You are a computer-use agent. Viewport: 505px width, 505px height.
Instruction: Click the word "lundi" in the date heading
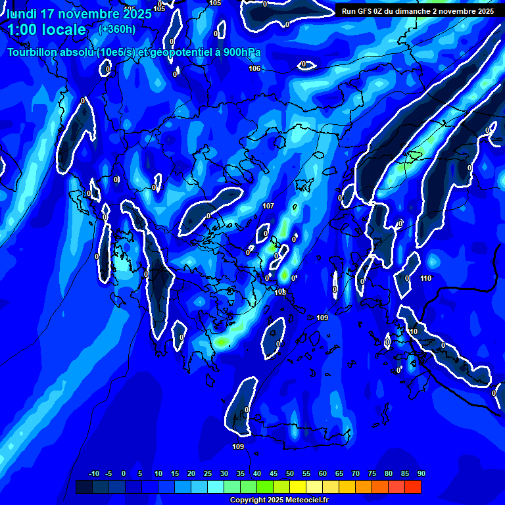(x=22, y=14)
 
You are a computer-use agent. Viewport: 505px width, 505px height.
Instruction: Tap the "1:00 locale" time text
(x=46, y=30)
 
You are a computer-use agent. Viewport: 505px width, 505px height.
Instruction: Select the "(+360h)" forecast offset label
(x=116, y=29)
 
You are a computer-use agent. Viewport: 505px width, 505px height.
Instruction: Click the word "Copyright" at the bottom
(x=247, y=500)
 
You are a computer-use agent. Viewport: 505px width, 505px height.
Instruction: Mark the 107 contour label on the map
(x=268, y=206)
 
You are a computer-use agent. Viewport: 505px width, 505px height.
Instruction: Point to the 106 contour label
(x=254, y=68)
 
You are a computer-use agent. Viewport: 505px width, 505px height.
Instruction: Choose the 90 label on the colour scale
(x=421, y=473)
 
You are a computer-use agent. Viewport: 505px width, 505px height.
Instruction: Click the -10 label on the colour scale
(x=93, y=473)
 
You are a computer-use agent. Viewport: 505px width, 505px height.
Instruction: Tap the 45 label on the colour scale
(x=273, y=473)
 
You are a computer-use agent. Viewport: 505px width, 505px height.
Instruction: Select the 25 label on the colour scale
(x=207, y=473)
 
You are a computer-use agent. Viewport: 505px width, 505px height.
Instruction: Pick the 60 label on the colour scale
(x=322, y=473)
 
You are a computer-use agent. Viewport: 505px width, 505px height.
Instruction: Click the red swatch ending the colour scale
(x=413, y=487)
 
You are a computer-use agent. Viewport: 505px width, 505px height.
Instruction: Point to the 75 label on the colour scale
(x=372, y=473)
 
